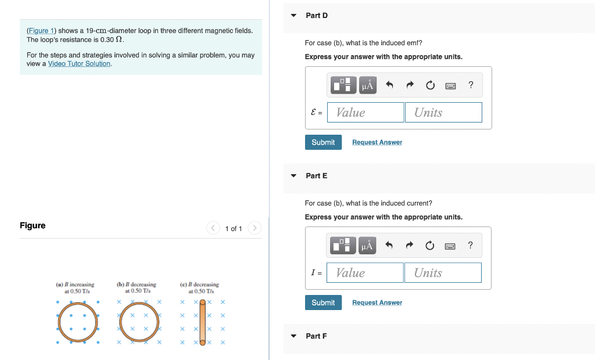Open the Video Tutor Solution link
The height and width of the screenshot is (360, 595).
click(79, 64)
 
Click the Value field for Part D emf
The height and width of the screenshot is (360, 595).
click(365, 113)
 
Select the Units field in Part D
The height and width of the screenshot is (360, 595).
click(443, 113)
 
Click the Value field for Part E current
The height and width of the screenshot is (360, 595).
click(365, 273)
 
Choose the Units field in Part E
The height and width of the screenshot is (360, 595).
click(443, 273)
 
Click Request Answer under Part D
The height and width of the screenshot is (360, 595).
click(377, 142)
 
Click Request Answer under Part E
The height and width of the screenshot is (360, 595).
click(377, 303)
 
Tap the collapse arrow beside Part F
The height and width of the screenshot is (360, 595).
click(293, 336)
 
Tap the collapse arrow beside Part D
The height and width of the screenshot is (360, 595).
click(293, 16)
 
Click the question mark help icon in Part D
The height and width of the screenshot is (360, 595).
click(471, 85)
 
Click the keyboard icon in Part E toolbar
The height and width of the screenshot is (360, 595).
click(450, 246)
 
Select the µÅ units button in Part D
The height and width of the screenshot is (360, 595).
click(368, 86)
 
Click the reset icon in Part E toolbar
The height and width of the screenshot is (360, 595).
click(430, 246)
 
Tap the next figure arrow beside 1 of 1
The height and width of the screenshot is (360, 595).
click(255, 228)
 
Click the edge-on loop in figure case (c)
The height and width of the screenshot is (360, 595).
click(203, 322)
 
